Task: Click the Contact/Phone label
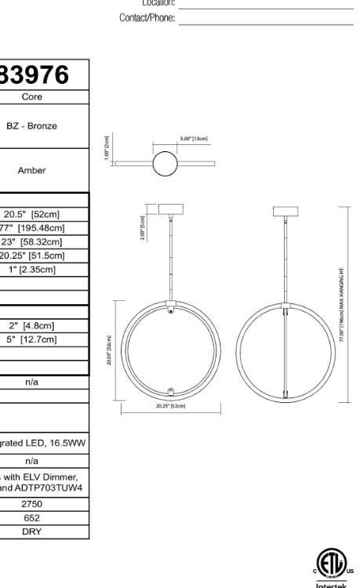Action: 147,18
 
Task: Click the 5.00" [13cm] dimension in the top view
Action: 193,139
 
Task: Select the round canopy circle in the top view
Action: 165,165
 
